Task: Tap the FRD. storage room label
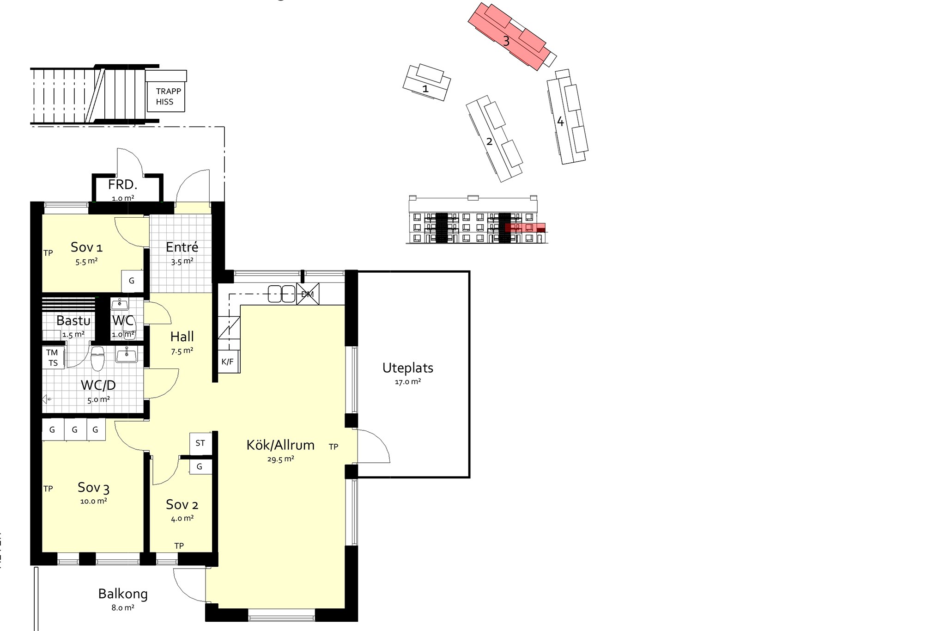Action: click(x=123, y=185)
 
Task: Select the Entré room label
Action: click(x=182, y=247)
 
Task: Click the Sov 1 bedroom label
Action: click(x=86, y=247)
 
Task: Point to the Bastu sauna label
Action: click(x=73, y=320)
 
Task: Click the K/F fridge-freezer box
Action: click(x=228, y=362)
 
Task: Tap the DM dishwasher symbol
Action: click(x=308, y=294)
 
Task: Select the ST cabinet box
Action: click(x=200, y=443)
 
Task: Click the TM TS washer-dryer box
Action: click(x=53, y=358)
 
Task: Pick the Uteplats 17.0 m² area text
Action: click(x=408, y=382)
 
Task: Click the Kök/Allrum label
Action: click(x=280, y=445)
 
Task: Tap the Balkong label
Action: click(x=123, y=594)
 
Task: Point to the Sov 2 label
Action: click(x=182, y=504)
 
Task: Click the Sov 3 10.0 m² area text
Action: click(x=94, y=501)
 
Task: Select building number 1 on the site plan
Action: click(x=425, y=88)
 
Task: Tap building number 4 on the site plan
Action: click(x=560, y=122)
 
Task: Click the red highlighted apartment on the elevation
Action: click(x=525, y=228)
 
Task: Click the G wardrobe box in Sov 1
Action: click(x=132, y=281)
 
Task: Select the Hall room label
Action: click(x=182, y=337)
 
